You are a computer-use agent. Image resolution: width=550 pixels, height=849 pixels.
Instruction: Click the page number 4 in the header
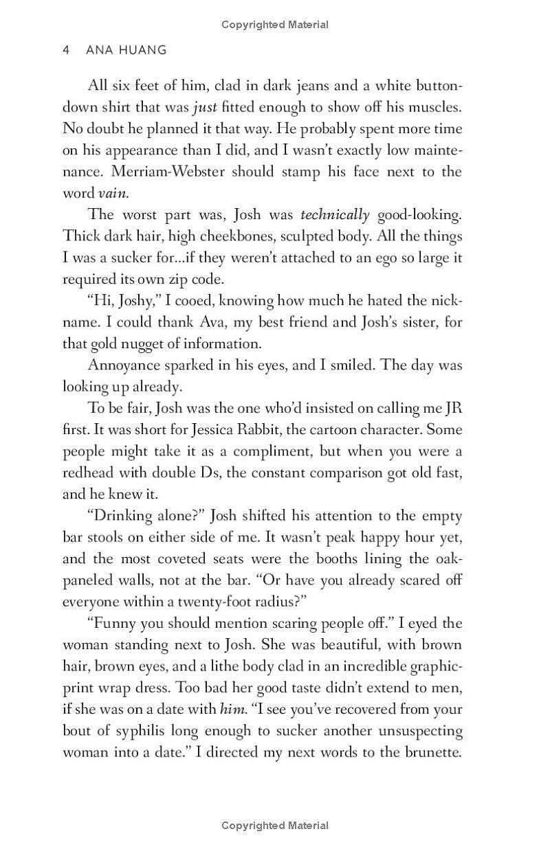(x=66, y=50)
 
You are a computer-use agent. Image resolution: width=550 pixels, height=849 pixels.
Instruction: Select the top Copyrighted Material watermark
(x=275, y=25)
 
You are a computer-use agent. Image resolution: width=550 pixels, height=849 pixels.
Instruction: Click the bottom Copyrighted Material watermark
(x=275, y=826)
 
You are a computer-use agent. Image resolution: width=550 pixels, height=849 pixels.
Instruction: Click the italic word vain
(x=113, y=194)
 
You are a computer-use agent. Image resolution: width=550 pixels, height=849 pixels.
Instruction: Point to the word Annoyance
(x=124, y=365)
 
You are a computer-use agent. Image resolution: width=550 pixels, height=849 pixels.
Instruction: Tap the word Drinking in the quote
(x=126, y=515)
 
